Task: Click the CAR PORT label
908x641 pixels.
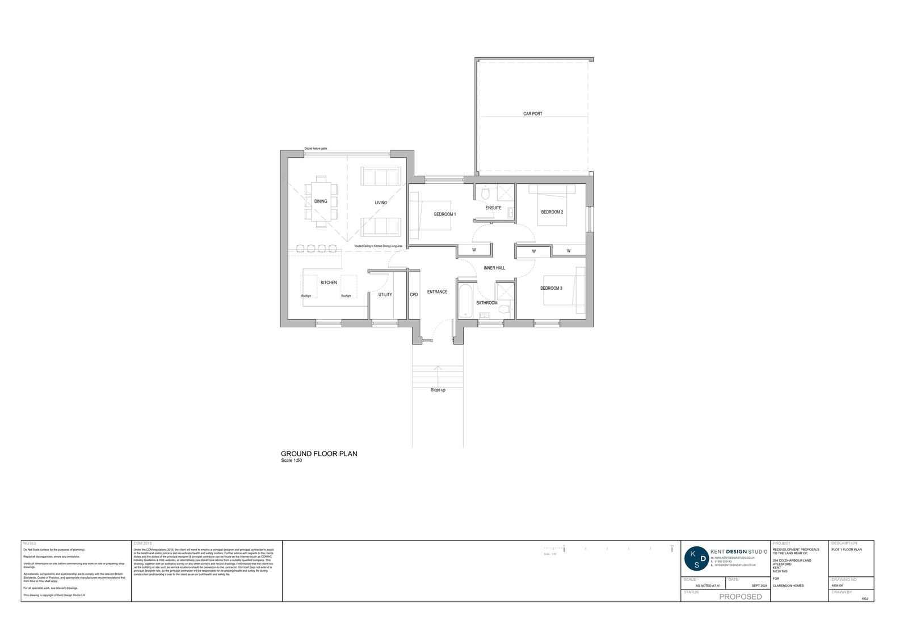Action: (532, 114)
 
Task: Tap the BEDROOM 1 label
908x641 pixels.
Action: (445, 214)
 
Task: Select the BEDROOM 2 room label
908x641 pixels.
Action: (552, 212)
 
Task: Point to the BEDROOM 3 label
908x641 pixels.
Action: (551, 288)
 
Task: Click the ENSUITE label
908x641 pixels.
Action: (493, 208)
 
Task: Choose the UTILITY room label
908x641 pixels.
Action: (385, 294)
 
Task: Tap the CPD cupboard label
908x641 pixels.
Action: (414, 294)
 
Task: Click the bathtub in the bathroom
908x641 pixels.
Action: (464, 301)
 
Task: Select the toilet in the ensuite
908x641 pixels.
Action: (484, 194)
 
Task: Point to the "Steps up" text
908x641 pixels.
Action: (438, 390)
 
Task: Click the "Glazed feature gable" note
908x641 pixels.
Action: (316, 149)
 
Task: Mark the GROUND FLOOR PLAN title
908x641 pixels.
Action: (319, 454)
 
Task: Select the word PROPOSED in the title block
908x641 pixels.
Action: (741, 597)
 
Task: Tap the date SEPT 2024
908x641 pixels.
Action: (759, 585)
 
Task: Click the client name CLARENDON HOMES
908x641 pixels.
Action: (788, 585)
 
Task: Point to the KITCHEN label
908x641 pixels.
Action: (329, 282)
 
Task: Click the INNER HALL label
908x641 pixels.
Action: (494, 268)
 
